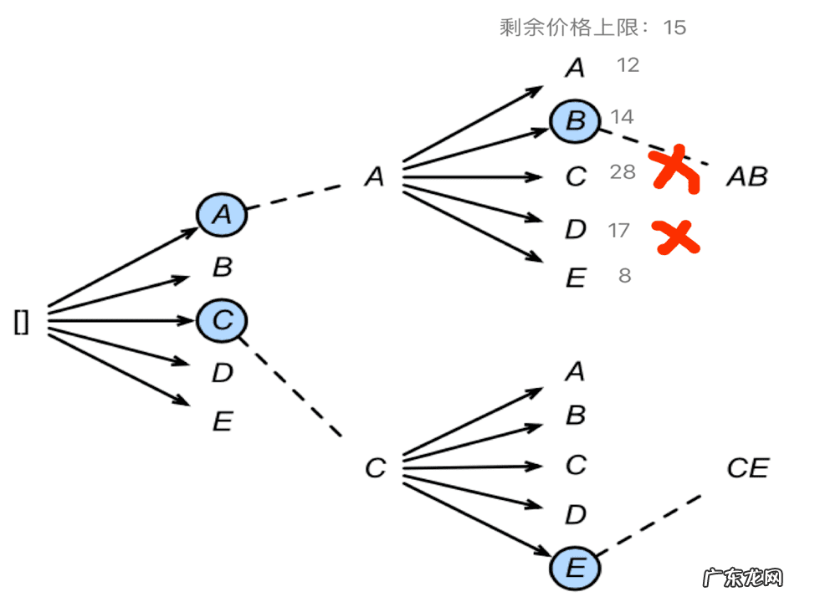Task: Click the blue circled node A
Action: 222,215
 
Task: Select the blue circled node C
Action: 222,319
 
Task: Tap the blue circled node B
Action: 575,121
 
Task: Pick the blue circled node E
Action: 575,569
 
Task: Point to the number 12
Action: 628,65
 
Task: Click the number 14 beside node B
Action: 622,116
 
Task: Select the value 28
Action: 623,172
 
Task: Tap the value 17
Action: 619,229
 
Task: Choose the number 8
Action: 624,274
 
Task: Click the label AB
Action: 746,176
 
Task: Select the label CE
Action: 747,468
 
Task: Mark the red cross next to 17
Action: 677,237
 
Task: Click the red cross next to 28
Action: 676,170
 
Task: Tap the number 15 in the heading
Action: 674,28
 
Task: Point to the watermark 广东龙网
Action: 743,579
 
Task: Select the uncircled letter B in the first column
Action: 222,268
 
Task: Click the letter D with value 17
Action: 575,230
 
